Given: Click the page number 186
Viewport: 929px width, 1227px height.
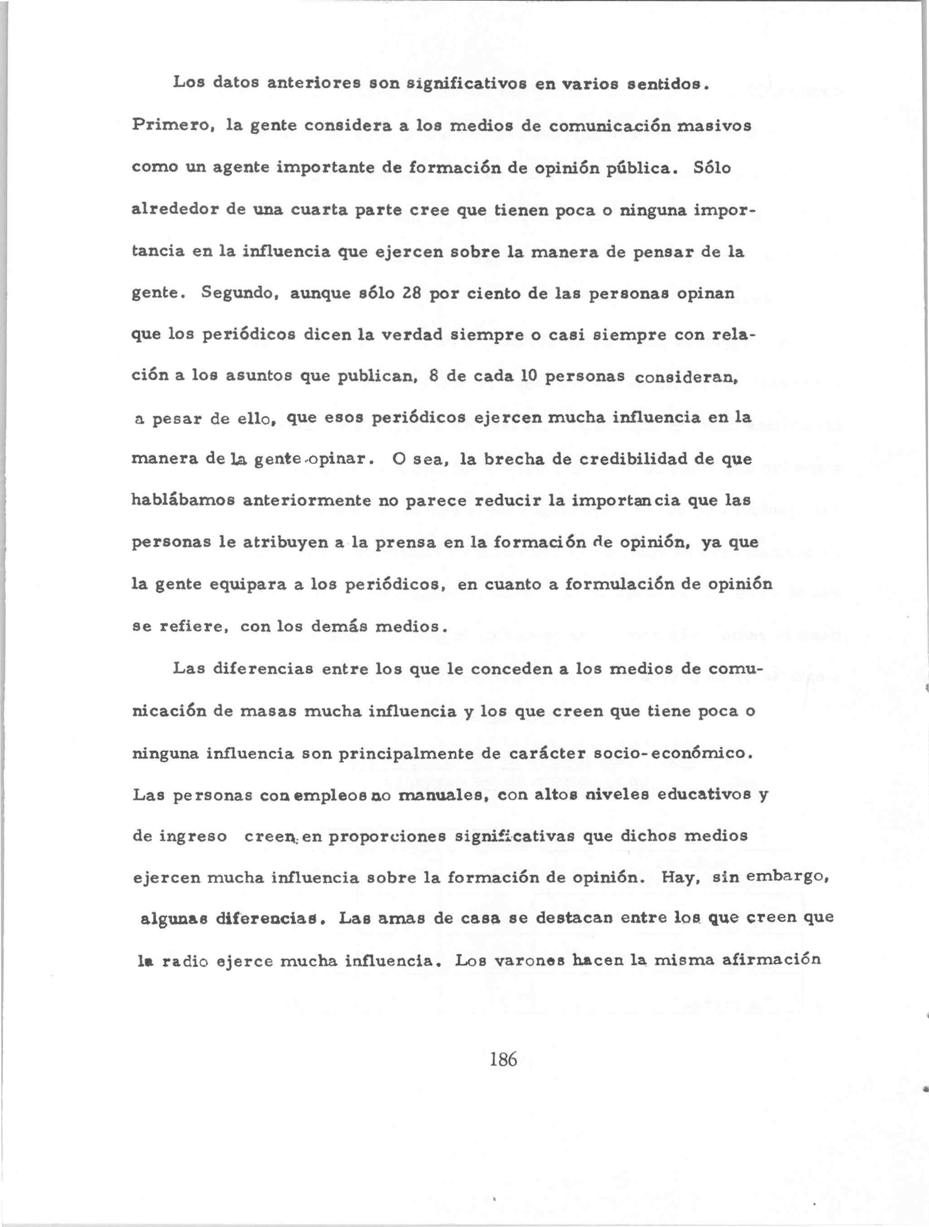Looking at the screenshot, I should point(503,1059).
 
